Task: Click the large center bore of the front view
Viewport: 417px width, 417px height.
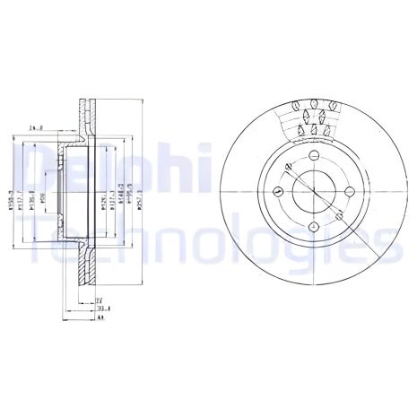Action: pos(308,192)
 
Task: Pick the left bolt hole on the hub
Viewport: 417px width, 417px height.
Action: pos(275,192)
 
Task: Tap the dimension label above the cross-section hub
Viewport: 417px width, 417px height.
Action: pos(38,129)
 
